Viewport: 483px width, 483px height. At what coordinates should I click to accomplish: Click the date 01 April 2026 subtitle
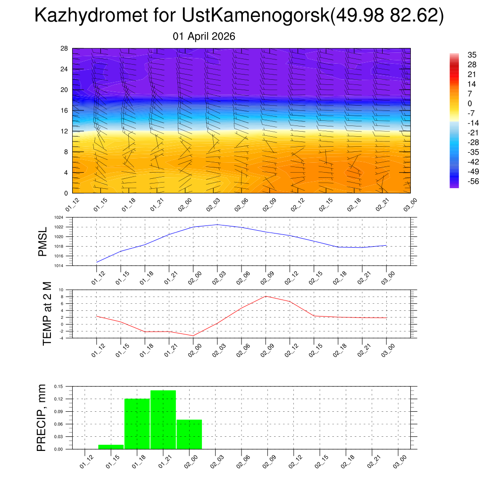[x=204, y=36]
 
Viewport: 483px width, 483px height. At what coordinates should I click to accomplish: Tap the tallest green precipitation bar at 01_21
[x=163, y=419]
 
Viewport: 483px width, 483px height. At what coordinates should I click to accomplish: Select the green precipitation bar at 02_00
[x=189, y=434]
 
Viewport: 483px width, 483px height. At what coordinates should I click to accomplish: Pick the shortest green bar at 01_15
[x=111, y=446]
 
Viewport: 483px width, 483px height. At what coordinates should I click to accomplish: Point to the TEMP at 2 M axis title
[x=47, y=313]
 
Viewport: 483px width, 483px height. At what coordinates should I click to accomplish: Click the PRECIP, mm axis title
[x=42, y=417]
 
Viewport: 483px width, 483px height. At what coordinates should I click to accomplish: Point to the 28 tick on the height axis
[x=65, y=49]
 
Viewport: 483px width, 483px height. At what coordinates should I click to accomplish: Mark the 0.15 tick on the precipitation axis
[x=58, y=386]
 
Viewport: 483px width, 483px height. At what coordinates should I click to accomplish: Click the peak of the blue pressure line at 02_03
[x=217, y=225]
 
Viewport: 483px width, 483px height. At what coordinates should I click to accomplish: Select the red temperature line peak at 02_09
[x=266, y=296]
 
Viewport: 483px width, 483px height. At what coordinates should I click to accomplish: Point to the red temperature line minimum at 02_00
[x=193, y=335]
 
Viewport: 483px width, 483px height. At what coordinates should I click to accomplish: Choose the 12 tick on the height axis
[x=65, y=131]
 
